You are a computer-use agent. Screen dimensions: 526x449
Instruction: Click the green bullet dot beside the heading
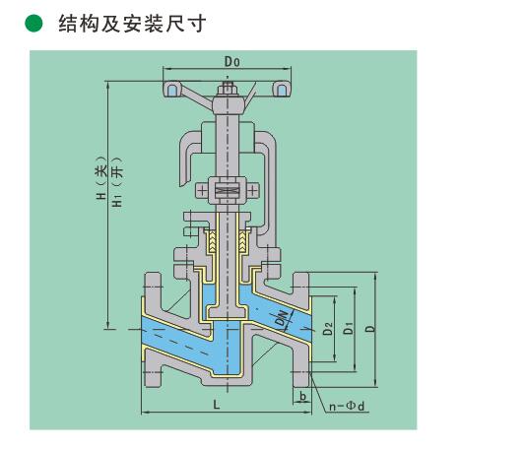[x=33, y=24]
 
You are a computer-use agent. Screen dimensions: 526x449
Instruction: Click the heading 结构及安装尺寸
[x=132, y=24]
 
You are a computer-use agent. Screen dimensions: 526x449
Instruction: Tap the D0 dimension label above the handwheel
[x=232, y=62]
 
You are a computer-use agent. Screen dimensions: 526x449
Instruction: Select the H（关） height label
[x=101, y=178]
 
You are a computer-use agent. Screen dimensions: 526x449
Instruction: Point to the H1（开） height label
[x=117, y=182]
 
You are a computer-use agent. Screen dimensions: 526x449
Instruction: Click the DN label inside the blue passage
[x=283, y=318]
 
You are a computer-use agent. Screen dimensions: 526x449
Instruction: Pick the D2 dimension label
[x=328, y=329]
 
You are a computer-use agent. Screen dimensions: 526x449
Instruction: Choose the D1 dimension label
[x=349, y=328]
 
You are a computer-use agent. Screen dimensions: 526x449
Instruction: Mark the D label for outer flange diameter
[x=369, y=328]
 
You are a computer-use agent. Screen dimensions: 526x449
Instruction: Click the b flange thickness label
[x=302, y=397]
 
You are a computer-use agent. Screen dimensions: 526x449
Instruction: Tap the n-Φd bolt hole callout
[x=347, y=406]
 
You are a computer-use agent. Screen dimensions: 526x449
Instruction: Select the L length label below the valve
[x=217, y=405]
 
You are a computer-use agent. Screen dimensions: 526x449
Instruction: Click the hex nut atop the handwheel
[x=228, y=89]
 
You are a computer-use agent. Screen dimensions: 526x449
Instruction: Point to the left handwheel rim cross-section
[x=172, y=90]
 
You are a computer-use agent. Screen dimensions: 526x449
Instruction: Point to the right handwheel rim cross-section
[x=282, y=90]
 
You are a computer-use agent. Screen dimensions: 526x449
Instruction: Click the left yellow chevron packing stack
[x=213, y=241]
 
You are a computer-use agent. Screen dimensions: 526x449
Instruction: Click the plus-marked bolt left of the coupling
[x=202, y=191]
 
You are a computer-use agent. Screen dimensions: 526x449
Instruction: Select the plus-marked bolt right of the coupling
[x=253, y=191]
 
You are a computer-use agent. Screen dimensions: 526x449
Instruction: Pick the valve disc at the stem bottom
[x=228, y=312]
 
